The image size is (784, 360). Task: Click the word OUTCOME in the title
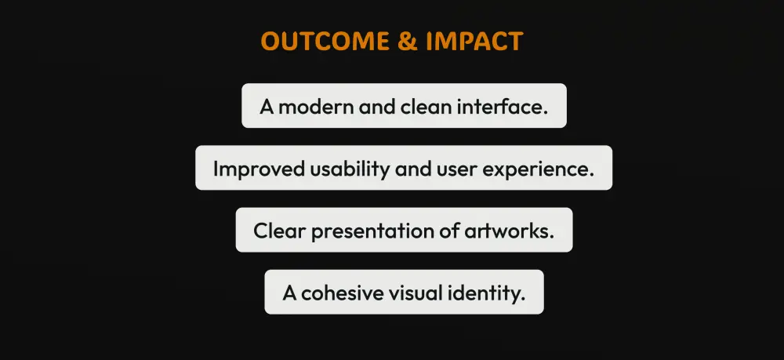click(x=325, y=41)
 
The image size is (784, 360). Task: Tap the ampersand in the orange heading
click(x=408, y=41)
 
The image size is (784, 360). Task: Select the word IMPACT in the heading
click(x=474, y=41)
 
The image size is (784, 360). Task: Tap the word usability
click(x=350, y=169)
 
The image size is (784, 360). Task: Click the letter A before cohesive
click(x=289, y=293)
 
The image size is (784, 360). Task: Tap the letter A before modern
click(x=267, y=107)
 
